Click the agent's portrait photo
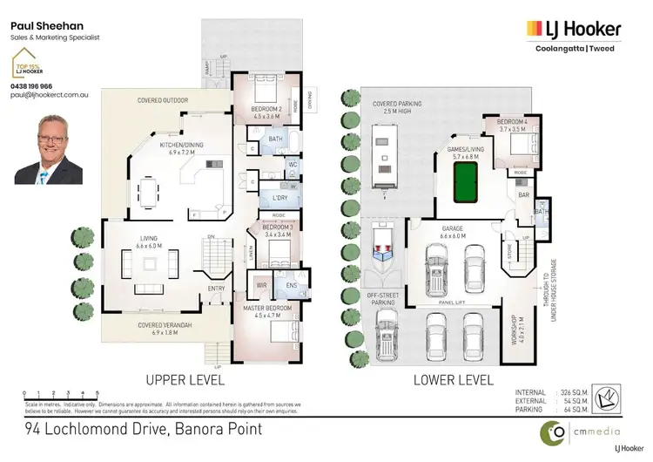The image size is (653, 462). pos(49,151)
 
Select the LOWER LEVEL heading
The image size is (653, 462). pos(452,380)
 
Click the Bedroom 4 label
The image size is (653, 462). pos(513,124)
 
